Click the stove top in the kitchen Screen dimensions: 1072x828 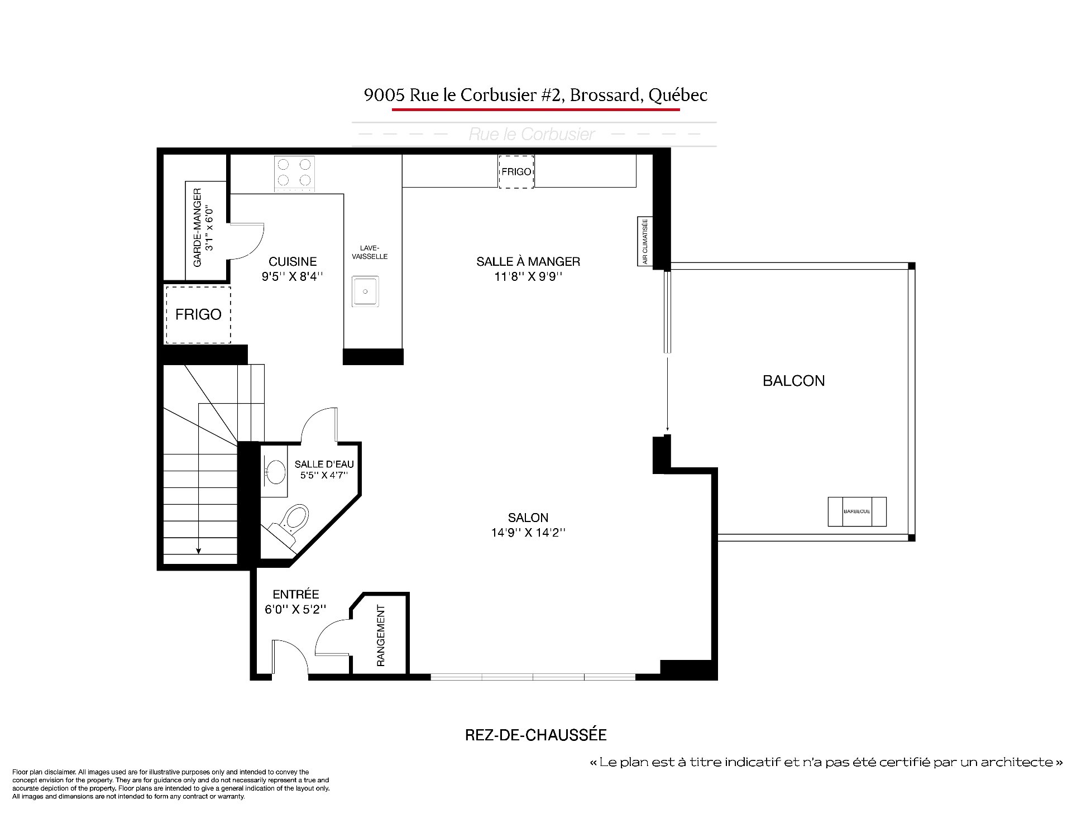tap(294, 173)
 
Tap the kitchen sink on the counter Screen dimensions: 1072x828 tap(365, 291)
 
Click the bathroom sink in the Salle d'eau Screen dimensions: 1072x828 tap(275, 471)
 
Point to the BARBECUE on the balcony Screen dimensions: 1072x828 tap(857, 511)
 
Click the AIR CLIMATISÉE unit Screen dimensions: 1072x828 tap(645, 241)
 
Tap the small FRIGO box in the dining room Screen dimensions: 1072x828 tap(516, 171)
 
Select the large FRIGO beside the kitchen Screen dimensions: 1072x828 tap(198, 315)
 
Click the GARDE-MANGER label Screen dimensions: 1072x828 tap(197, 228)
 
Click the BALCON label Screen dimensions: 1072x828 tap(793, 381)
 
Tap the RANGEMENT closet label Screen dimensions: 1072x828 tap(381, 636)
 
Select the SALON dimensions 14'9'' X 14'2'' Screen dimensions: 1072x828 tap(528, 533)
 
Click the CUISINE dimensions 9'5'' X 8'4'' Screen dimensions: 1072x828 tap(293, 276)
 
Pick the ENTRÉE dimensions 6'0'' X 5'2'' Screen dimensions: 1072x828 tap(295, 609)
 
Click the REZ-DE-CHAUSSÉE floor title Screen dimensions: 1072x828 tap(536, 735)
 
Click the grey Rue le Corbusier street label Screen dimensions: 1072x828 tap(532, 135)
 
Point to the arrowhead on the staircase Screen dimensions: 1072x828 tap(198, 551)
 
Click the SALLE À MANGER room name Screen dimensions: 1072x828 tap(528, 261)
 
